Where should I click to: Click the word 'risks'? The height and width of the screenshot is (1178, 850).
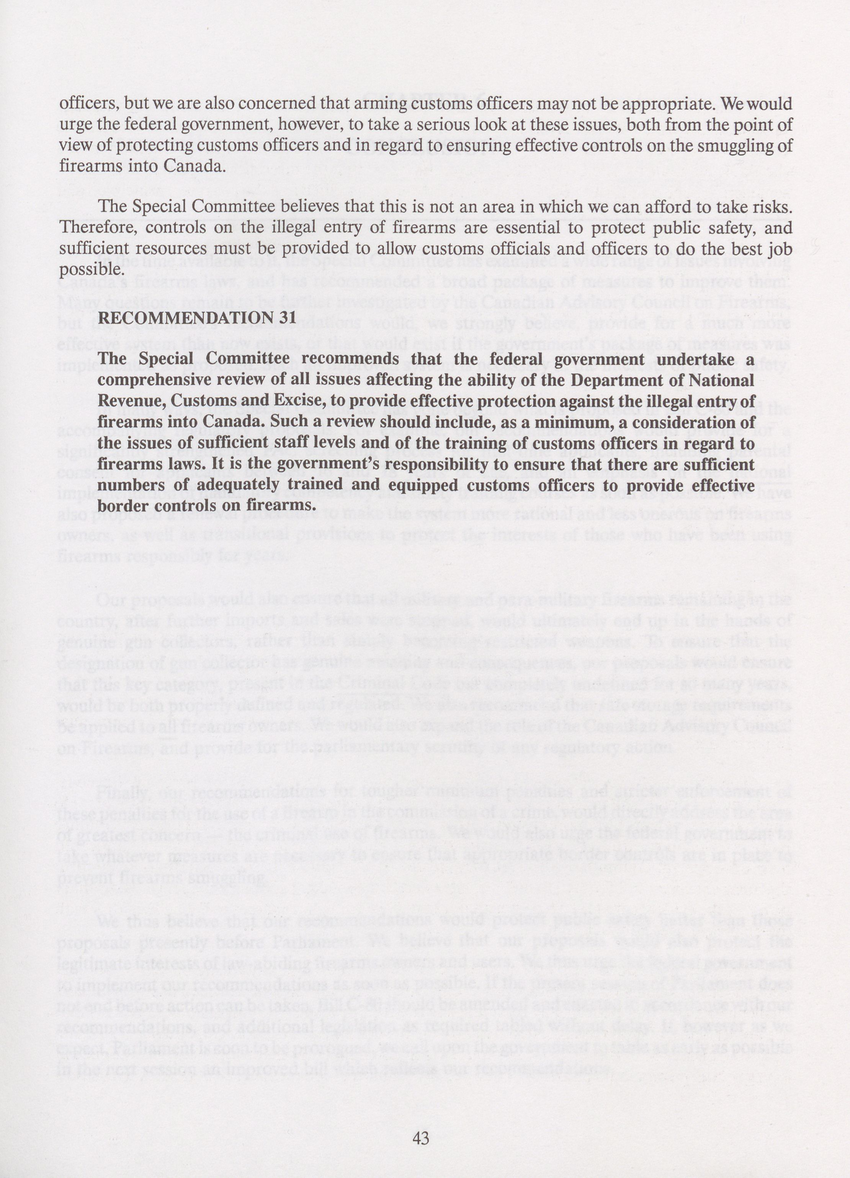coord(773,207)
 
